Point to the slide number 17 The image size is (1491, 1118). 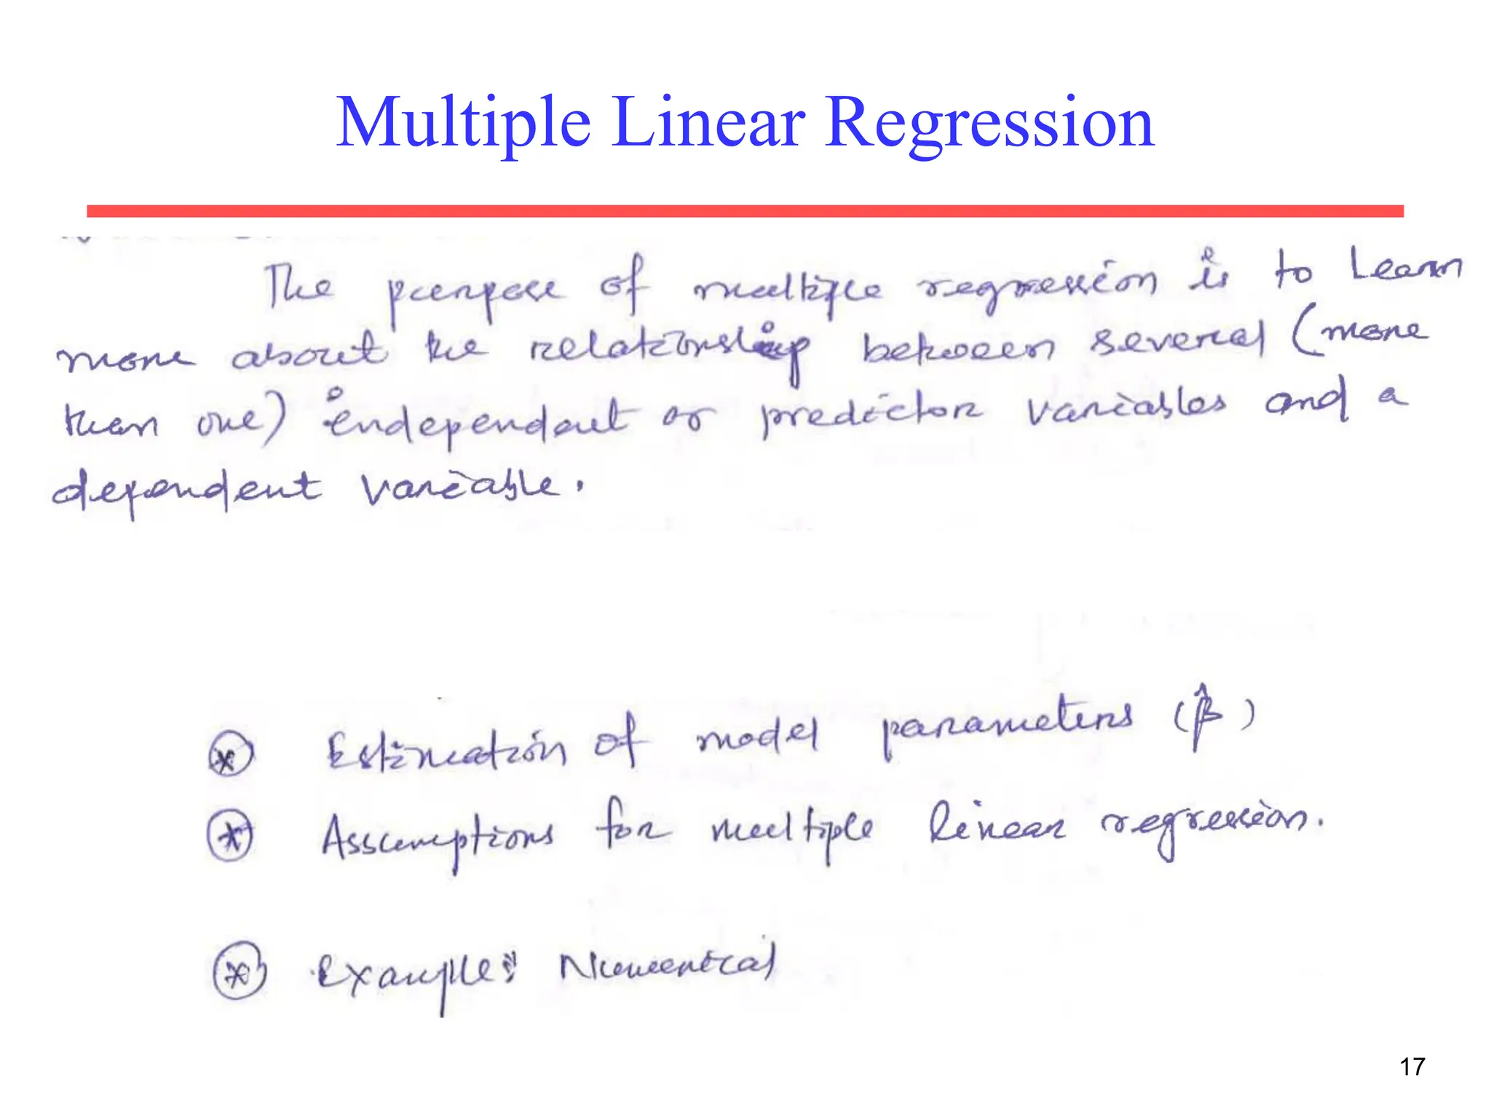point(1412,1067)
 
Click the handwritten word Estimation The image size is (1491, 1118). point(446,750)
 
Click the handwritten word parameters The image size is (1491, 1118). point(1008,725)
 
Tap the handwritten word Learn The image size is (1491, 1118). point(1404,266)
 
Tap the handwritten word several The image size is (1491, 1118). point(1175,339)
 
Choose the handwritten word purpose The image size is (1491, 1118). point(474,291)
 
